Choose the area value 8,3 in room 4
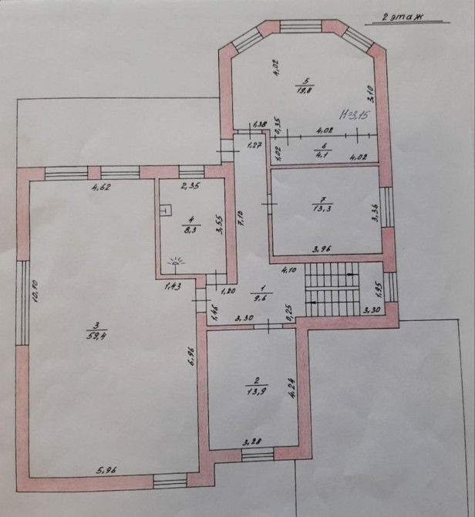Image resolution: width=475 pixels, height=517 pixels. click(x=188, y=228)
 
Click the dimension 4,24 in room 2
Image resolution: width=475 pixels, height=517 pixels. click(x=292, y=386)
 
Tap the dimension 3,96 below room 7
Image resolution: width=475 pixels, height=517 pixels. click(x=322, y=248)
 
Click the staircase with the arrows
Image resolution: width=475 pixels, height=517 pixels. click(x=332, y=289)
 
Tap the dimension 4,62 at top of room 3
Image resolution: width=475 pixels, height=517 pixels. click(x=100, y=187)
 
